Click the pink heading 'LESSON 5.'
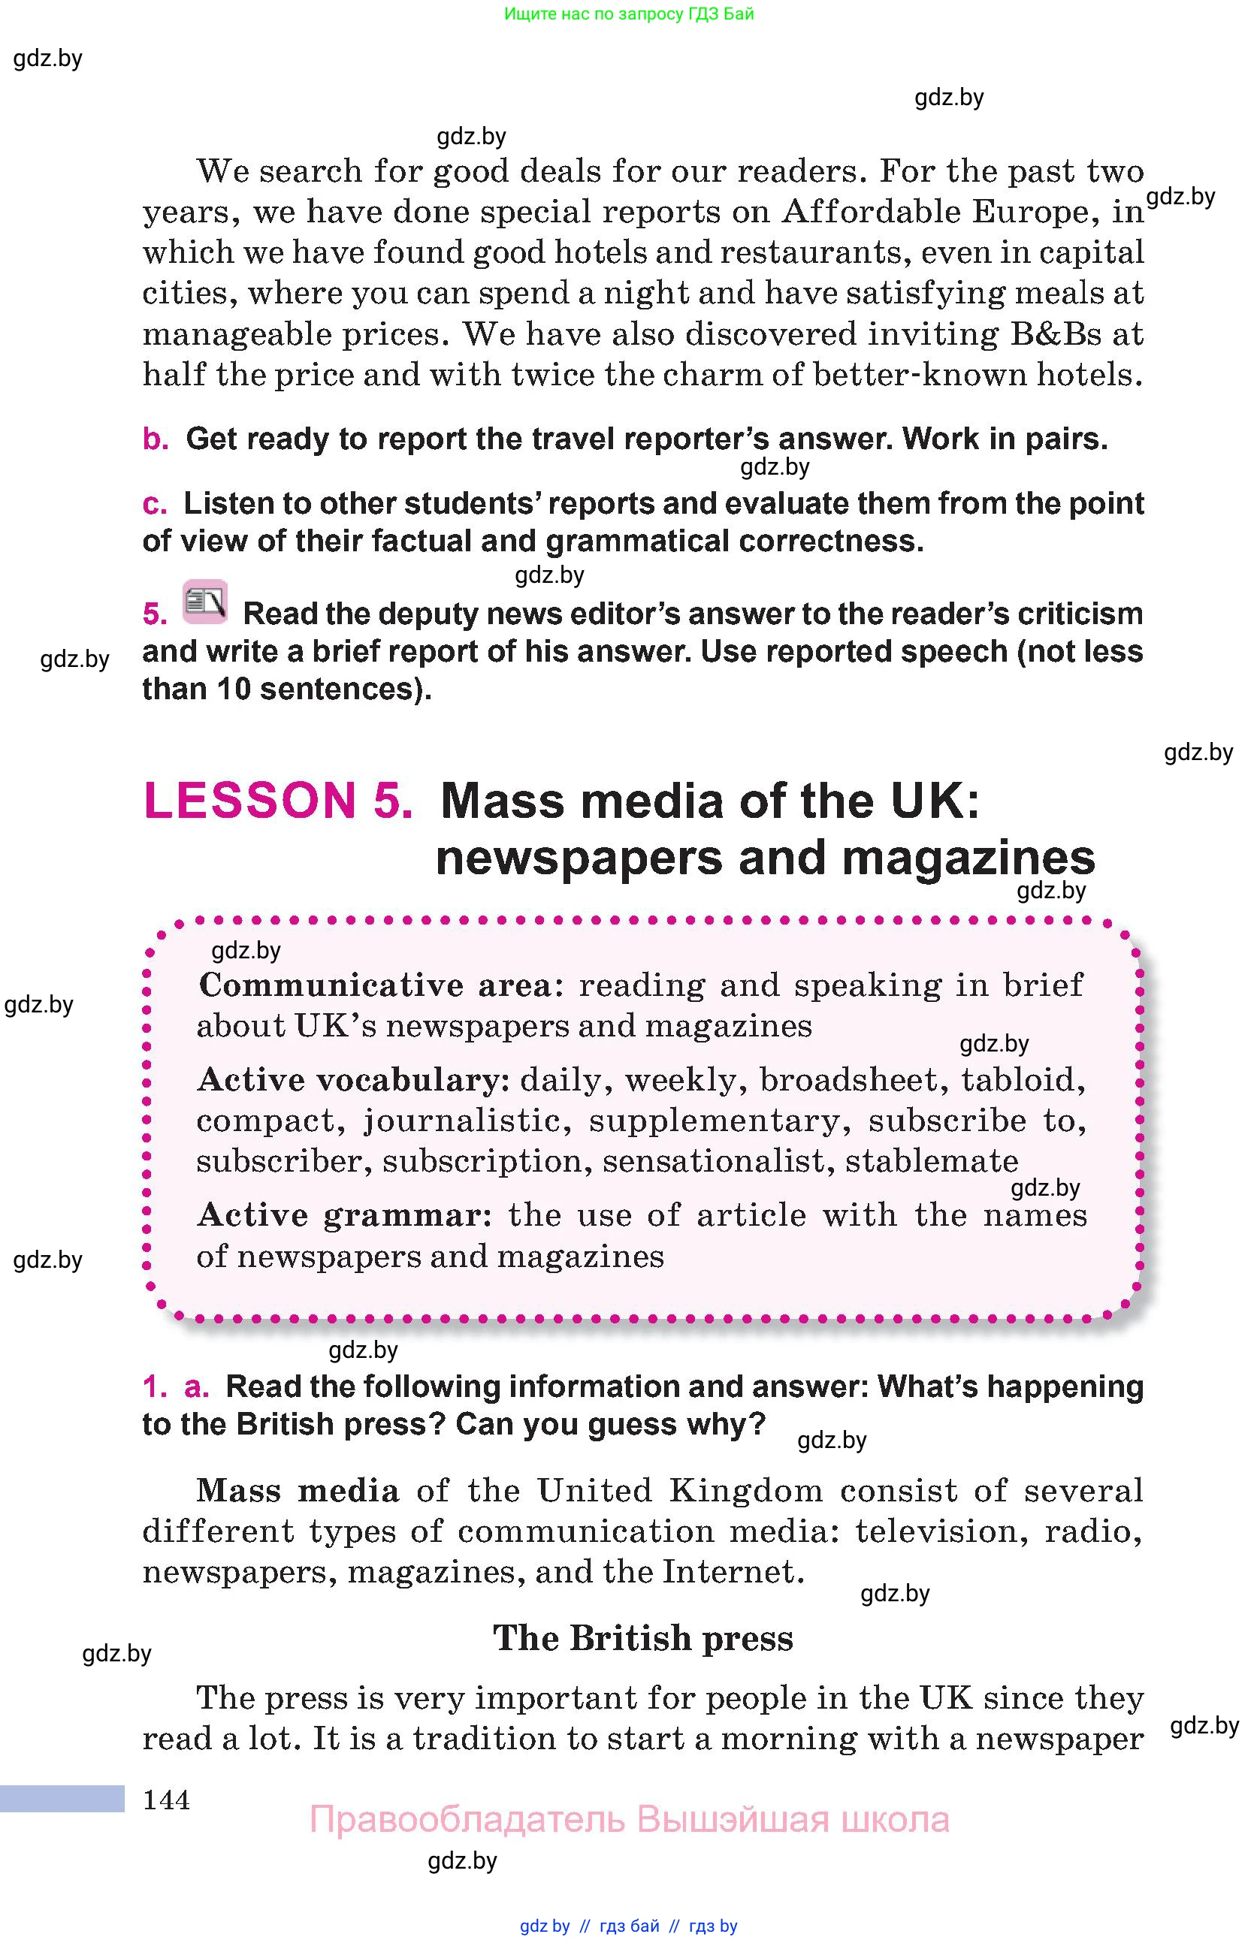point(278,800)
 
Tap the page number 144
point(167,1800)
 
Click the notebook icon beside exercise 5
point(205,602)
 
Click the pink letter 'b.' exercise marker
point(156,439)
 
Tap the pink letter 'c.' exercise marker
point(154,504)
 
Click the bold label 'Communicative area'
point(376,985)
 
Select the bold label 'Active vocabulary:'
point(354,1080)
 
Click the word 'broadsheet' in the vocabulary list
point(848,1080)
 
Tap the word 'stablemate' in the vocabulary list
point(932,1161)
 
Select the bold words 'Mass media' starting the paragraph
point(298,1491)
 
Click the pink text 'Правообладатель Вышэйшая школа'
point(629,1820)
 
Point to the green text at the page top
point(629,14)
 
